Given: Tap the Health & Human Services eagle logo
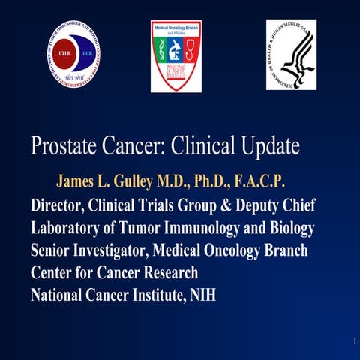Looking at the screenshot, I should (x=290, y=54).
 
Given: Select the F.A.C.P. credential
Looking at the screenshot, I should (x=257, y=183).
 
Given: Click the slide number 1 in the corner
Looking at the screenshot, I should (x=352, y=342).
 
